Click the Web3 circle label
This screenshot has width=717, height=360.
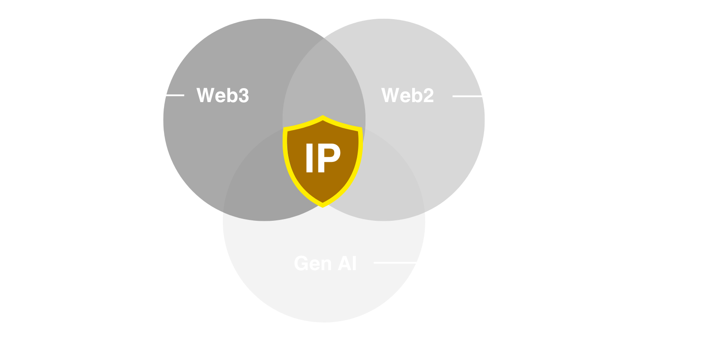point(222,96)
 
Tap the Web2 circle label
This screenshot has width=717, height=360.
point(407,96)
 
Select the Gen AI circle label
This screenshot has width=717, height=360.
point(325,263)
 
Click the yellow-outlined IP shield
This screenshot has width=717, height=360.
point(323,160)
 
